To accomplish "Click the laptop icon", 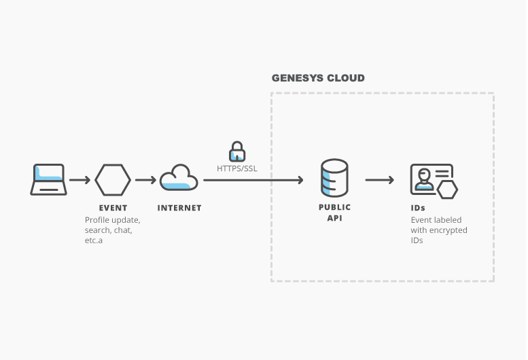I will point(48,179).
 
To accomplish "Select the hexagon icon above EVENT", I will point(113,179).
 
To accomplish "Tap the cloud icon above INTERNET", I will point(179,178).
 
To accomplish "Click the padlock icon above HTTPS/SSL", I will point(236,151).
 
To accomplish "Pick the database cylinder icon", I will point(334,178).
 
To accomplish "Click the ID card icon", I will point(431,179).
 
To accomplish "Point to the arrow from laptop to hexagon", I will point(80,180).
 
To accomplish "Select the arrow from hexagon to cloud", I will point(145,180).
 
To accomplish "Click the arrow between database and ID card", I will point(379,180).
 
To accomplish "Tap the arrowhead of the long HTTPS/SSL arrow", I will point(299,180).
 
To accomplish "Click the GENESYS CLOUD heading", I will point(318,78).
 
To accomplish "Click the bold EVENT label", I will point(113,208).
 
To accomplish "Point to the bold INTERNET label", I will point(179,208).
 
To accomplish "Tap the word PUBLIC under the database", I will point(334,207).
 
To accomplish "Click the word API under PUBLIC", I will point(334,217).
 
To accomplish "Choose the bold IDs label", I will point(418,208).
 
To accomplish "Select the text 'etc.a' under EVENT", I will point(94,240).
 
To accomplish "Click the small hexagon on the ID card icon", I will point(446,190).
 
